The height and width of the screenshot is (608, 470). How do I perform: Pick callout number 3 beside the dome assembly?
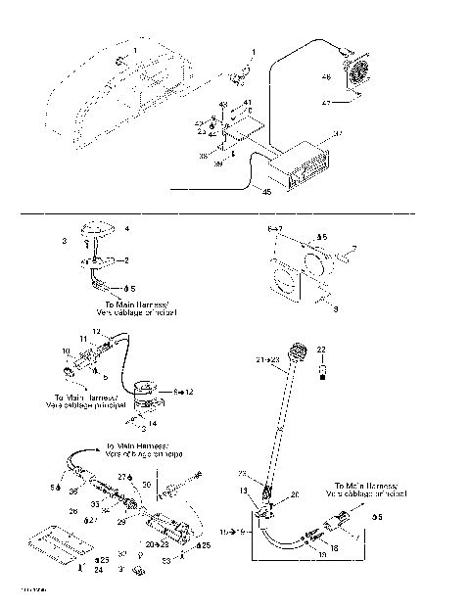(x=65, y=240)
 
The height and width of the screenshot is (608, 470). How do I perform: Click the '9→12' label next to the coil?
(x=182, y=391)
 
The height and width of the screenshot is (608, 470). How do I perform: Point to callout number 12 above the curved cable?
(x=97, y=332)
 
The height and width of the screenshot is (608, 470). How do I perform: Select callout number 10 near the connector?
(x=67, y=350)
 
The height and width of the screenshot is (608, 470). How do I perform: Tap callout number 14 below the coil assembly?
(x=152, y=423)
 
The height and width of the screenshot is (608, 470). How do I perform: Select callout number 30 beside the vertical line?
(x=147, y=484)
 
